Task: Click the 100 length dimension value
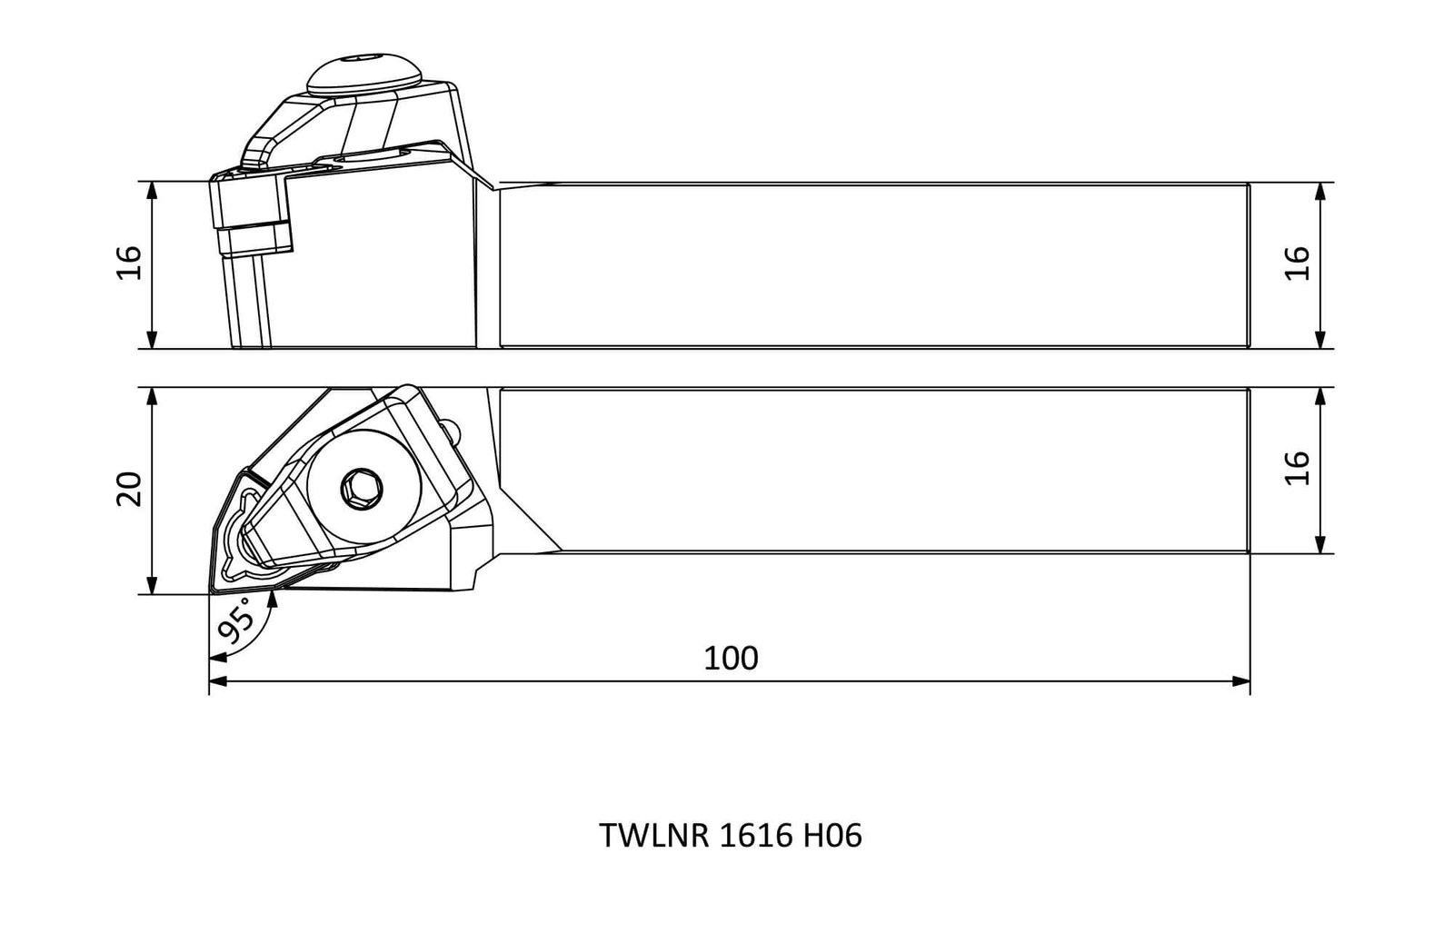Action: (x=731, y=659)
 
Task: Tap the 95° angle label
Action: (x=236, y=620)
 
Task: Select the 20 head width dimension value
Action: (x=129, y=489)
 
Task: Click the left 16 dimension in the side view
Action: (x=129, y=263)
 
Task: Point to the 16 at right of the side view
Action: (x=1298, y=263)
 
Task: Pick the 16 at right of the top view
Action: (x=1298, y=467)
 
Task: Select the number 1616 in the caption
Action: (x=755, y=836)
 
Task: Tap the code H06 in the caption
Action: (x=832, y=836)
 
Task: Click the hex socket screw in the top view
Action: (x=361, y=488)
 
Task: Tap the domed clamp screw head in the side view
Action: (x=364, y=73)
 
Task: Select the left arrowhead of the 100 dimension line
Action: (x=218, y=681)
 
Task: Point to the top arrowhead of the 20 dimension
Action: (x=152, y=397)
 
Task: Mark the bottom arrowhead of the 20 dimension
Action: (x=152, y=584)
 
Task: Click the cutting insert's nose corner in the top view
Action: (x=211, y=591)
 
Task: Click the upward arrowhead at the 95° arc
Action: (x=273, y=599)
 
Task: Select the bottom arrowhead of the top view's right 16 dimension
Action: (x=1320, y=543)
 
